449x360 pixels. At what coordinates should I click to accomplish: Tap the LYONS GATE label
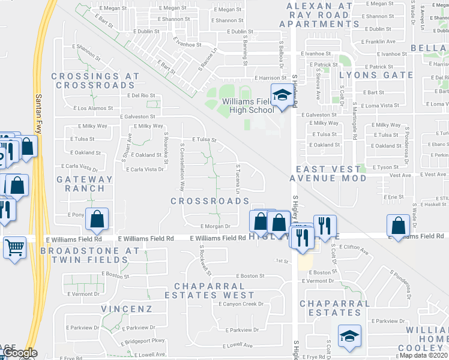pyautogui.click(x=376, y=75)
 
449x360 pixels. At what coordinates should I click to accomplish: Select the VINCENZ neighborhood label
pyautogui.click(x=127, y=308)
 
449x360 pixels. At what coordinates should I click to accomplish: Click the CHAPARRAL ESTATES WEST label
pyautogui.click(x=214, y=290)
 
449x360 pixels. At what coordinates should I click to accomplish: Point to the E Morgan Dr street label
pyautogui.click(x=215, y=226)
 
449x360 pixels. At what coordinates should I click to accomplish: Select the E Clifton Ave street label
pyautogui.click(x=349, y=247)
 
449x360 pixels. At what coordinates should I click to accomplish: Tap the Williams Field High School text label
pyautogui.click(x=248, y=106)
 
